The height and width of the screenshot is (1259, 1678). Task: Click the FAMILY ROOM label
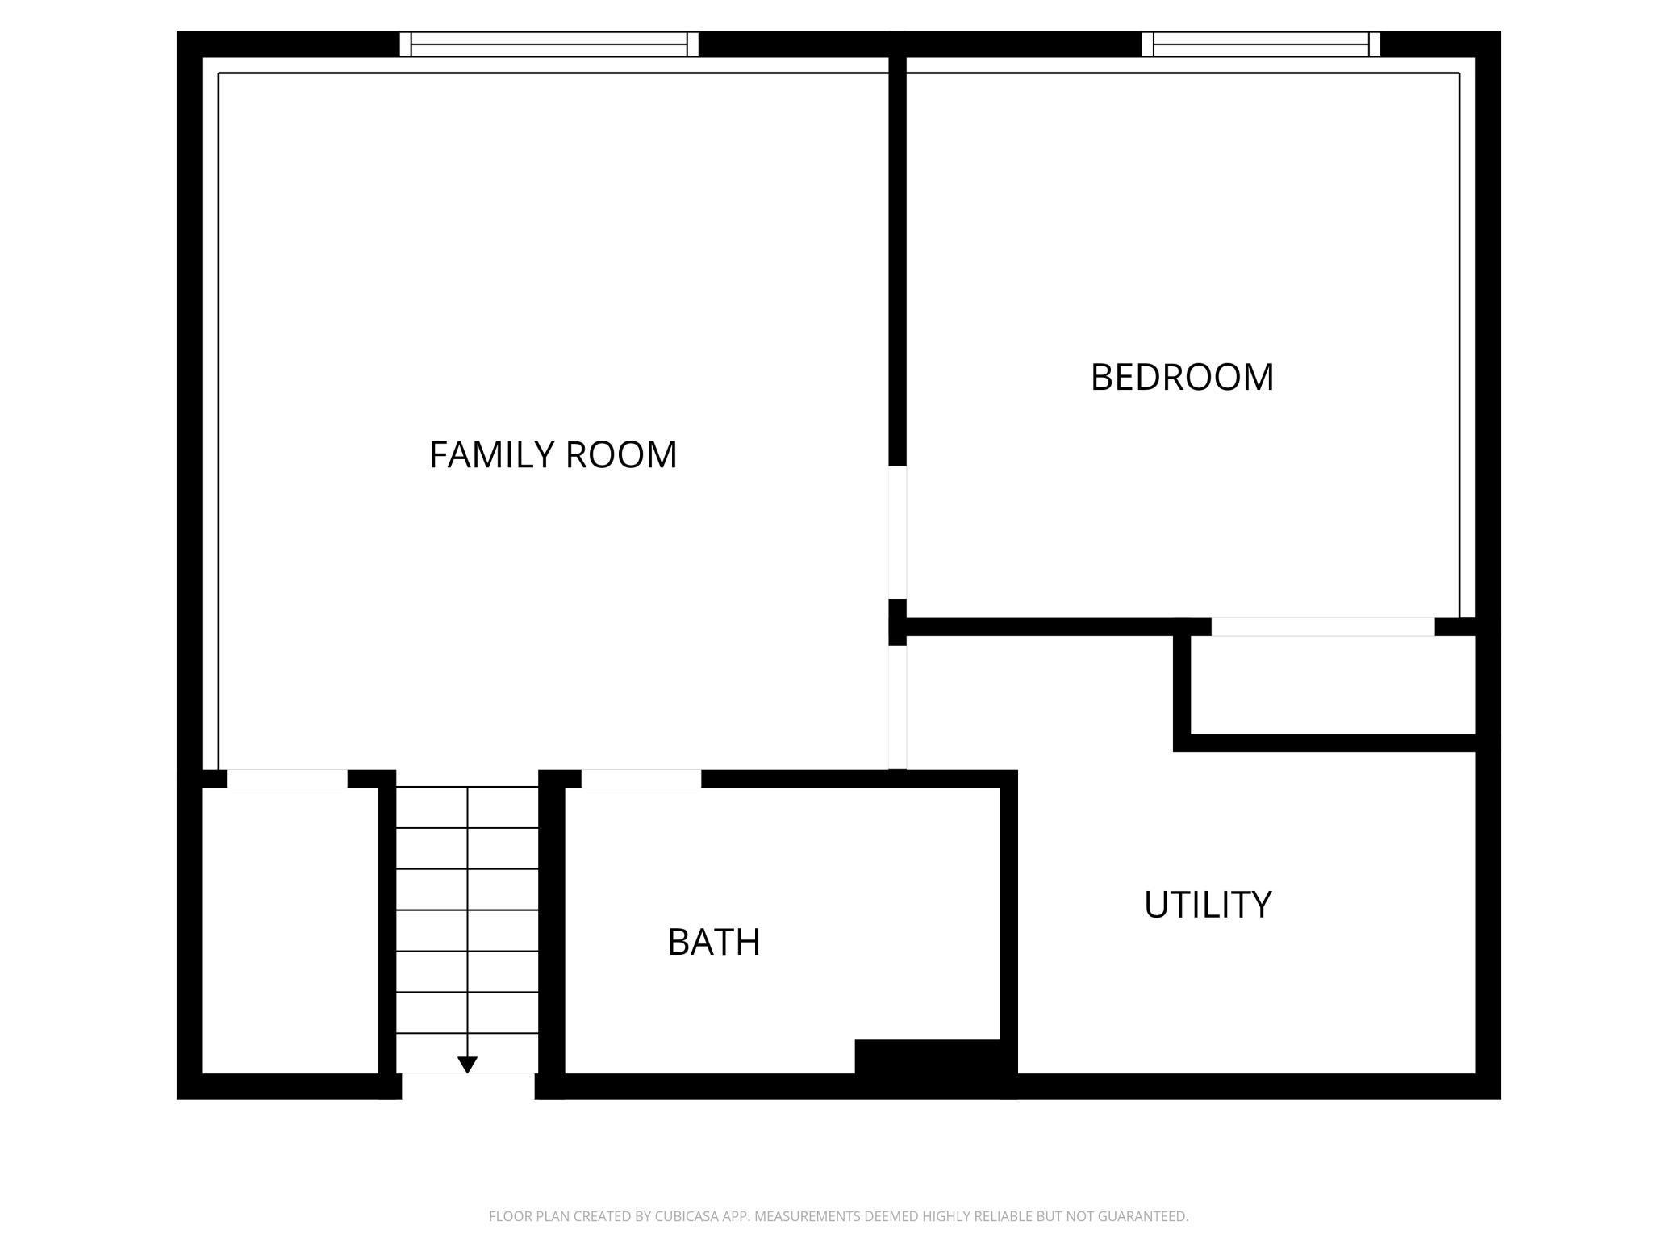coord(553,454)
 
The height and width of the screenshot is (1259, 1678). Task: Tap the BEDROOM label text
coord(1182,377)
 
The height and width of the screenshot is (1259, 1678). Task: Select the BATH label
coord(714,942)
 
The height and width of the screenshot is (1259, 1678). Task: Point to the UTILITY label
coord(1208,905)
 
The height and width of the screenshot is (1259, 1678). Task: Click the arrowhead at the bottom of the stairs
coord(467,1065)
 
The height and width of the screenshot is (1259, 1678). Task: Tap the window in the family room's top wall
coord(549,44)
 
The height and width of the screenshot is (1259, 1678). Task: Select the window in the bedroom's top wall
coord(1262,44)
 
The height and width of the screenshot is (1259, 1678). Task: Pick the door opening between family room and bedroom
coord(898,533)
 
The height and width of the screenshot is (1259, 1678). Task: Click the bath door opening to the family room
coord(641,779)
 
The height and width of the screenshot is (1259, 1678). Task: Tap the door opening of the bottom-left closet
coord(287,779)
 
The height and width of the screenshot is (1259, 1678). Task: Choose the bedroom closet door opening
coord(1323,627)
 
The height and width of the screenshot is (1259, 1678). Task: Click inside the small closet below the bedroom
coord(1333,685)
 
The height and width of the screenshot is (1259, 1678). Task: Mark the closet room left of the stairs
coord(290,931)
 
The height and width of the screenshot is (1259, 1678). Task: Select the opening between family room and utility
coord(898,708)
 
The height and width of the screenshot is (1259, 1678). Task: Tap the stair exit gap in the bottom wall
coord(468,1086)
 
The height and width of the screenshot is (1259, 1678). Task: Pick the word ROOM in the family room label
coord(621,454)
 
